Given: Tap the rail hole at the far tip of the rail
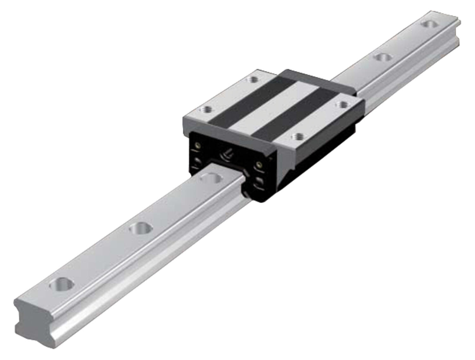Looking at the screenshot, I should (429, 24).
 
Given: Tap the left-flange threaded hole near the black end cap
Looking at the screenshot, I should (206, 109).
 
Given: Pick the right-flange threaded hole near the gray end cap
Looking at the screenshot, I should (342, 103).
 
